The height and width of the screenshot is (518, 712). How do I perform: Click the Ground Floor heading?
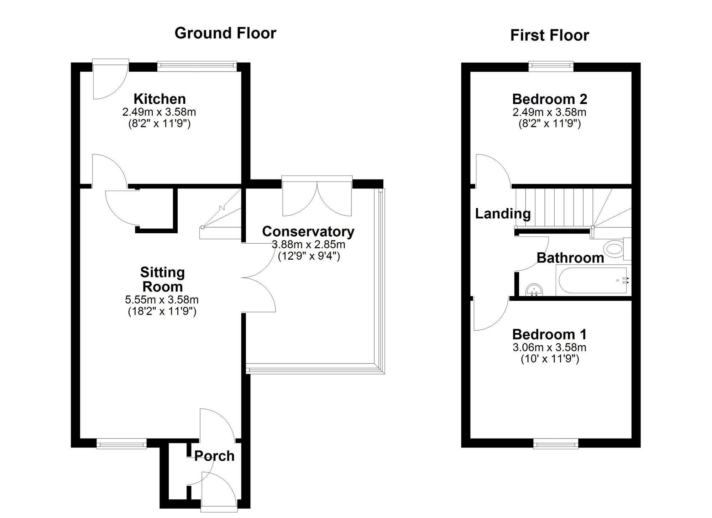tap(225, 33)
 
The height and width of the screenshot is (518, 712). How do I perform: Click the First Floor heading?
tap(549, 35)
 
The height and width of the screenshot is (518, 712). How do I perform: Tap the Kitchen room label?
tap(159, 99)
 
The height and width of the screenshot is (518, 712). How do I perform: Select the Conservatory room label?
tap(308, 232)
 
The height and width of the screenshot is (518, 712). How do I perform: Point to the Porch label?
tap(214, 456)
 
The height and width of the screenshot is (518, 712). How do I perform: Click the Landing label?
tap(503, 214)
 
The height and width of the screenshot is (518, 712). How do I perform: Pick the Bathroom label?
tap(570, 258)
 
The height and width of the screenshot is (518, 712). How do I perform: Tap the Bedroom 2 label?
tap(549, 99)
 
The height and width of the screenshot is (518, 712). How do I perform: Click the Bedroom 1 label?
tap(549, 334)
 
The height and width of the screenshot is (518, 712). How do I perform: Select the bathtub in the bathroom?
tap(593, 280)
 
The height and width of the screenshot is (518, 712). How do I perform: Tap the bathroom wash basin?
tap(534, 290)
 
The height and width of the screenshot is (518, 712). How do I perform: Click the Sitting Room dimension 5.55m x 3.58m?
tap(162, 300)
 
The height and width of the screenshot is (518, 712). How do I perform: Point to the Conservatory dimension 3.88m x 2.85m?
tap(308, 245)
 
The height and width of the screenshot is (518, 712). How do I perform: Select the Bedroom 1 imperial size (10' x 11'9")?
tap(550, 359)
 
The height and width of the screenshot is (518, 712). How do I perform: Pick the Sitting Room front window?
tap(121, 444)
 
